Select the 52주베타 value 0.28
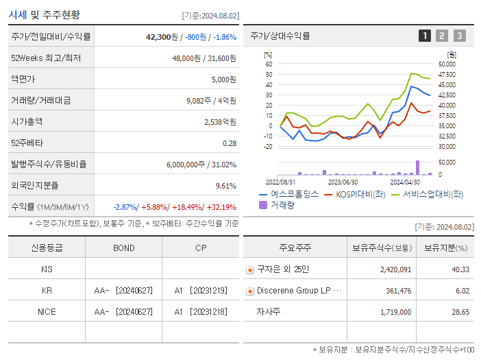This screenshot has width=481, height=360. tap(229, 143)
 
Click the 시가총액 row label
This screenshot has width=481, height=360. tap(27, 122)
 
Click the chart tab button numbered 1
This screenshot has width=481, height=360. tap(425, 36)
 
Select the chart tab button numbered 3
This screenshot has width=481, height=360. tap(459, 36)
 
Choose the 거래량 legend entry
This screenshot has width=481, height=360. tap(282, 204)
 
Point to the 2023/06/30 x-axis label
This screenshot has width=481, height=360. tap(343, 182)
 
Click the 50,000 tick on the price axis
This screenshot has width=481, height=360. tap(447, 64)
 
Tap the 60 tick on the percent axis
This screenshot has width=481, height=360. tap(269, 64)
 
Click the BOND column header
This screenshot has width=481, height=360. tap(123, 248)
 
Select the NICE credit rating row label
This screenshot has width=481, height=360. tap(47, 312)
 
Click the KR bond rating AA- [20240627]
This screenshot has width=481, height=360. tap(123, 291)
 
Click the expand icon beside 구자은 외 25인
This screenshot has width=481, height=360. tap(250, 270)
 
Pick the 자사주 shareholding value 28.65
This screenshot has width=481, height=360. tap(460, 312)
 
